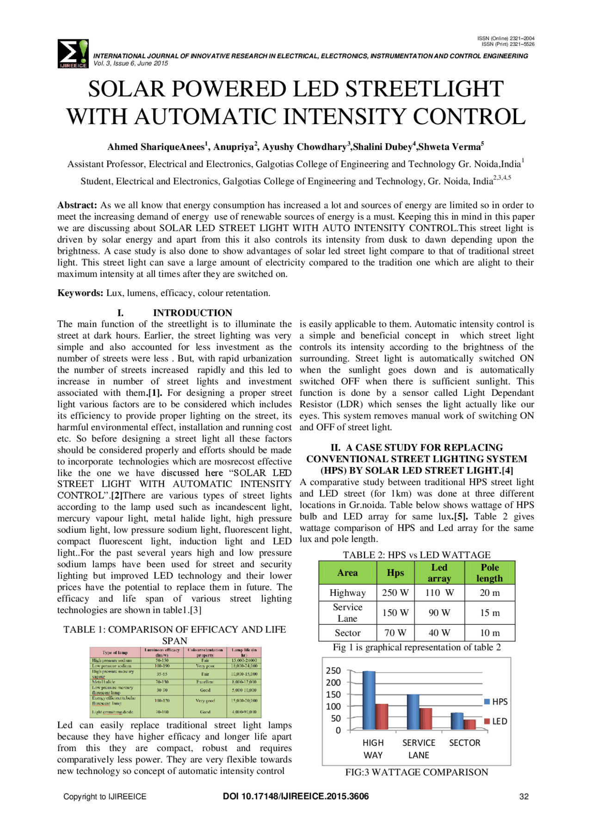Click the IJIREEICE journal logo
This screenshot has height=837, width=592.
coord(73,54)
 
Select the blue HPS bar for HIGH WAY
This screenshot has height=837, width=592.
coord(369,700)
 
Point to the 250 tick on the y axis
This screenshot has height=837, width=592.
coord(333,670)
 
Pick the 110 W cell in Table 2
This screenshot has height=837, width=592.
coord(439,593)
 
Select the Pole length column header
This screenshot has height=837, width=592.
coord(489,573)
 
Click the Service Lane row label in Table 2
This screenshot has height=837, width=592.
coord(347,612)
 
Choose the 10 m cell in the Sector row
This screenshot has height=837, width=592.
coord(489,633)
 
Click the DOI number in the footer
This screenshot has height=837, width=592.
coord(296,796)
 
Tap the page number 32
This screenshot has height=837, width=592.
coord(524,796)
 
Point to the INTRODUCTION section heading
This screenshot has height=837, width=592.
coord(192,312)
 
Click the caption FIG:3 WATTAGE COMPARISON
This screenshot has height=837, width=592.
coord(416,772)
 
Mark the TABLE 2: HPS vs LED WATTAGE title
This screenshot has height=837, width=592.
coord(416,555)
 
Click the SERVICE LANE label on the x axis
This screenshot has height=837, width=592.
coord(419,749)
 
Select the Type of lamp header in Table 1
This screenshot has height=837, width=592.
coord(115,652)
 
